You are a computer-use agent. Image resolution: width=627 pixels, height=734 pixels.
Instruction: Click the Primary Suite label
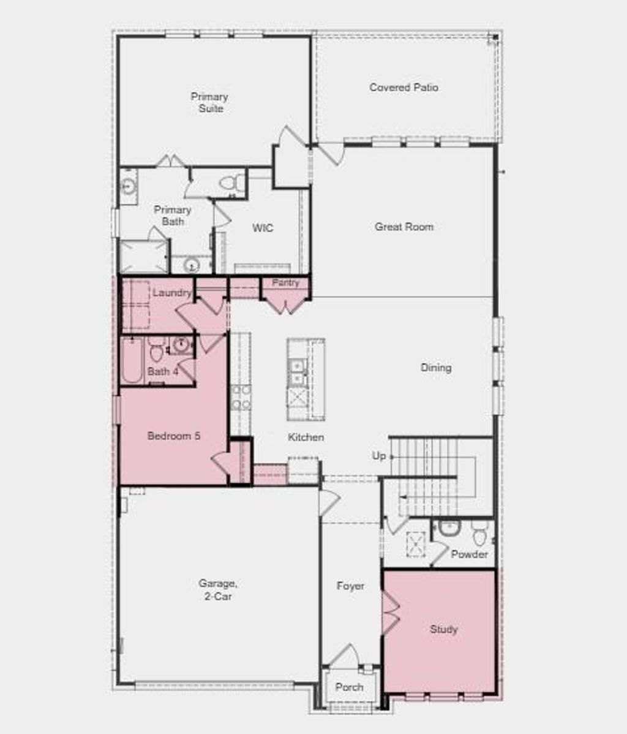point(209,103)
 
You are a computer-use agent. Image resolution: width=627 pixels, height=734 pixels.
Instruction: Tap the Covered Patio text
point(404,88)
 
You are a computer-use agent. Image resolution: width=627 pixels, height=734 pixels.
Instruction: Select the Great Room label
point(404,227)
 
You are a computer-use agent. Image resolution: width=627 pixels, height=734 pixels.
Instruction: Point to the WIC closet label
point(263,228)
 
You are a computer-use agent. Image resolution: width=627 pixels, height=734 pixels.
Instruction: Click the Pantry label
point(285,282)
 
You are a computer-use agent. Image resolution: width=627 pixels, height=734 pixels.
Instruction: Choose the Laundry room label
point(171,293)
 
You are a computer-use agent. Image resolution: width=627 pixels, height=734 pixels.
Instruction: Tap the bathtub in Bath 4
point(130,361)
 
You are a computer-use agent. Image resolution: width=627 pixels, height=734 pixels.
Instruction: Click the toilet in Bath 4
point(157,350)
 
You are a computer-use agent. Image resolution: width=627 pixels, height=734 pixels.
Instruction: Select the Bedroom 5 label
point(174,436)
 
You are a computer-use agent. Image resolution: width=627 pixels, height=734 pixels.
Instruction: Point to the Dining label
point(436,368)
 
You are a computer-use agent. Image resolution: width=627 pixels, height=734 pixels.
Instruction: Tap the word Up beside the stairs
point(379,456)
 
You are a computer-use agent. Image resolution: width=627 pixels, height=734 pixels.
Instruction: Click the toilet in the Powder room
point(480,534)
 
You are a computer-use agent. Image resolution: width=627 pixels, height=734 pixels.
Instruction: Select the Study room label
point(443,629)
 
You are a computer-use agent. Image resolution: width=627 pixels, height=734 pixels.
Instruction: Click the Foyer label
point(350,586)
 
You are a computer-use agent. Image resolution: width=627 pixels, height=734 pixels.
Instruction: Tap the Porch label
point(349,687)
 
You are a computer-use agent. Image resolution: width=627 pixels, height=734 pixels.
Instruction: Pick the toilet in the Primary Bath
point(231,183)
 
